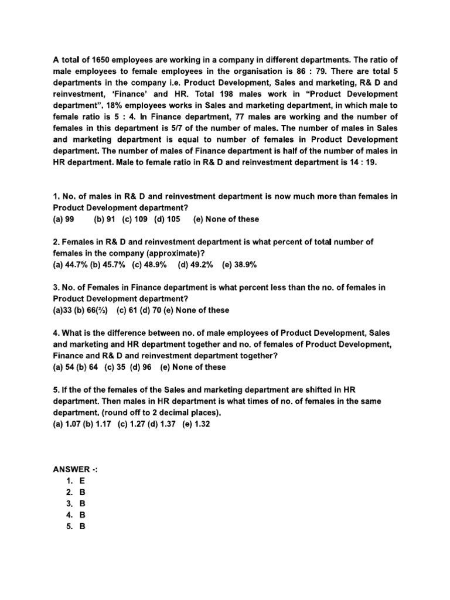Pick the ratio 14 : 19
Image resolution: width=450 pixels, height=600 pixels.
(x=362, y=163)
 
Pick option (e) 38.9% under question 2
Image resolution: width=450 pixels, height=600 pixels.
(x=239, y=264)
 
